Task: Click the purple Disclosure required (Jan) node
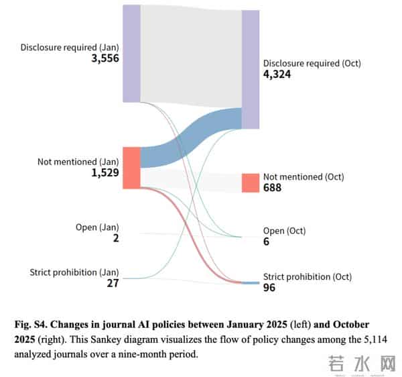(x=131, y=53)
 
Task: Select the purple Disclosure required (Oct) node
(x=250, y=69)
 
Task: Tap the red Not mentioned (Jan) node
(x=131, y=167)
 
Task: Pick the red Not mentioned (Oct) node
(x=250, y=182)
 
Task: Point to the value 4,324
(x=277, y=74)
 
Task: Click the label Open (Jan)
(x=97, y=227)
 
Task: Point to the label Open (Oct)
(x=284, y=231)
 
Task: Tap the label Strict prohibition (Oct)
(x=307, y=276)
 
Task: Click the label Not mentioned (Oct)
(x=304, y=177)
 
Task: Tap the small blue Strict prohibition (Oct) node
(x=250, y=282)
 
